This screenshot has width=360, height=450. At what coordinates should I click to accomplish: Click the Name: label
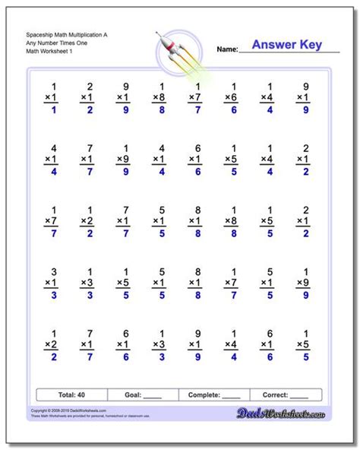coord(227,49)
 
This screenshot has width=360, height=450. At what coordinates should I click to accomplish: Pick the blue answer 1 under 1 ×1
coord(53,111)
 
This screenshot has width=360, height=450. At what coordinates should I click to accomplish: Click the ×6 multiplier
coord(230,99)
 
